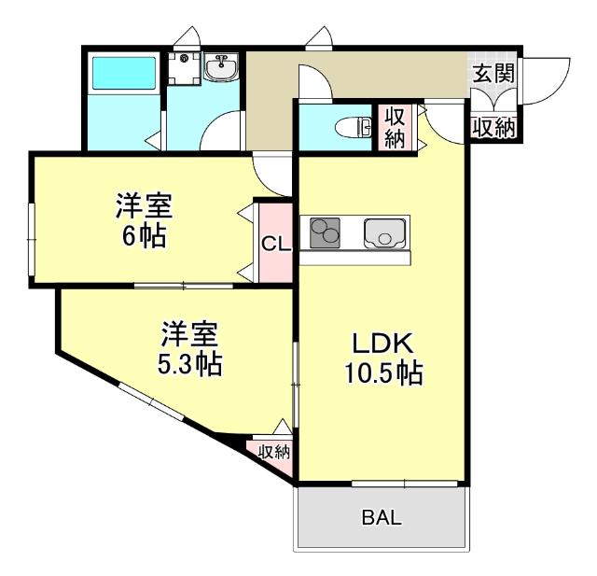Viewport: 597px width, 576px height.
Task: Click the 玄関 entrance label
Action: pyautogui.click(x=493, y=74)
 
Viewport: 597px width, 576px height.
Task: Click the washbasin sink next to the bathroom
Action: pyautogui.click(x=222, y=68)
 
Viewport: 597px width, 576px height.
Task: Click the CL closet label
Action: pyautogui.click(x=275, y=246)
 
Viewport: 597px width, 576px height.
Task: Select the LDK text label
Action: pyautogui.click(x=381, y=343)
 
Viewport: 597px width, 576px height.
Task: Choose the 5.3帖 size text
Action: pyautogui.click(x=189, y=363)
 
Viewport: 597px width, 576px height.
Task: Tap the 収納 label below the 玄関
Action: pyautogui.click(x=493, y=128)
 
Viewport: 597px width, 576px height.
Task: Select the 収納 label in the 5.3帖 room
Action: pyautogui.click(x=273, y=453)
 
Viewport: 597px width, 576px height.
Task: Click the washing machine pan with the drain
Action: pyautogui.click(x=184, y=66)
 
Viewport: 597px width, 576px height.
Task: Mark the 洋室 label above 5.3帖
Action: pyautogui.click(x=189, y=332)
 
